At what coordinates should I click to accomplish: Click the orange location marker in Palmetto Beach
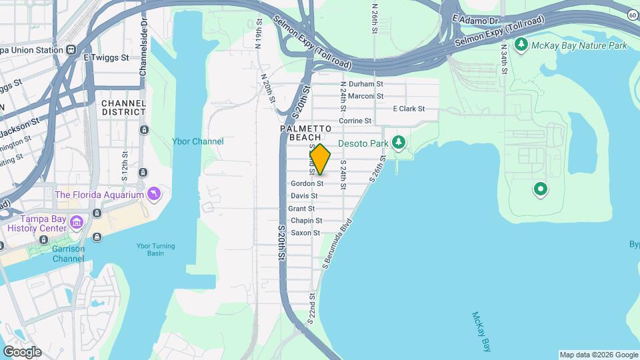(320, 159)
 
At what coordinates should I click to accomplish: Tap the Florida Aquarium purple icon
(155, 194)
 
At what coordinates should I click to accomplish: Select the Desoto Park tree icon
(399, 142)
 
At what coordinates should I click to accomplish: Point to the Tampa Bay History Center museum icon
(77, 220)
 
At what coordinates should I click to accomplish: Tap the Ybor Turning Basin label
(156, 250)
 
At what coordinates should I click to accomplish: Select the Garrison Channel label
(69, 253)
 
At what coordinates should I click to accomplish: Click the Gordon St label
(307, 183)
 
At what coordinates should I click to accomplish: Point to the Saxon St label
(305, 233)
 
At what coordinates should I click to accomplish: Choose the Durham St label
(366, 85)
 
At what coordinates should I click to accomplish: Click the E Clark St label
(409, 109)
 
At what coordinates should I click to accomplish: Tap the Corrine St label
(355, 121)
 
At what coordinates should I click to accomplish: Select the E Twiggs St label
(106, 58)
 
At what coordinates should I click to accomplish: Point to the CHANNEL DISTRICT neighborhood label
(123, 108)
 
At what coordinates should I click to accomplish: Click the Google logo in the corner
(22, 352)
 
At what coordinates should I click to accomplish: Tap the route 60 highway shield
(631, 14)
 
